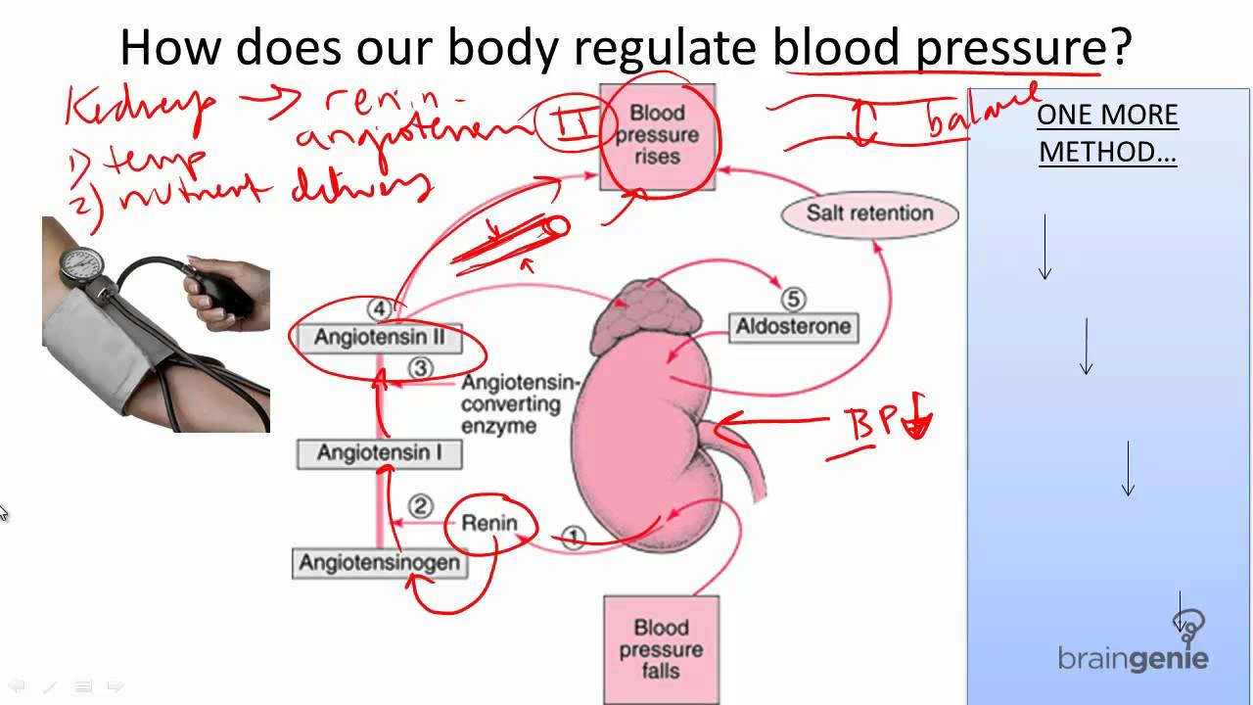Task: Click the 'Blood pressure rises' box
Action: (658, 135)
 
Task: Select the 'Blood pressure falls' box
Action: (661, 648)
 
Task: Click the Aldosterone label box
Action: (794, 327)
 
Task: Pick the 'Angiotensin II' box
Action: (379, 338)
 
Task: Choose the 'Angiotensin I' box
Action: (379, 453)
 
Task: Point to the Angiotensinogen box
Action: (379, 563)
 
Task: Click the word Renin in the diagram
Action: (489, 523)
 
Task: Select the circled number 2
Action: (420, 506)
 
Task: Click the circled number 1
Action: (574, 537)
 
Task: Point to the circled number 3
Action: (420, 368)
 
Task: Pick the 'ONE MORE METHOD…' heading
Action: (1107, 133)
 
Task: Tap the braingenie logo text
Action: (1133, 658)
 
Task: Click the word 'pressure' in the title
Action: (1008, 47)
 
